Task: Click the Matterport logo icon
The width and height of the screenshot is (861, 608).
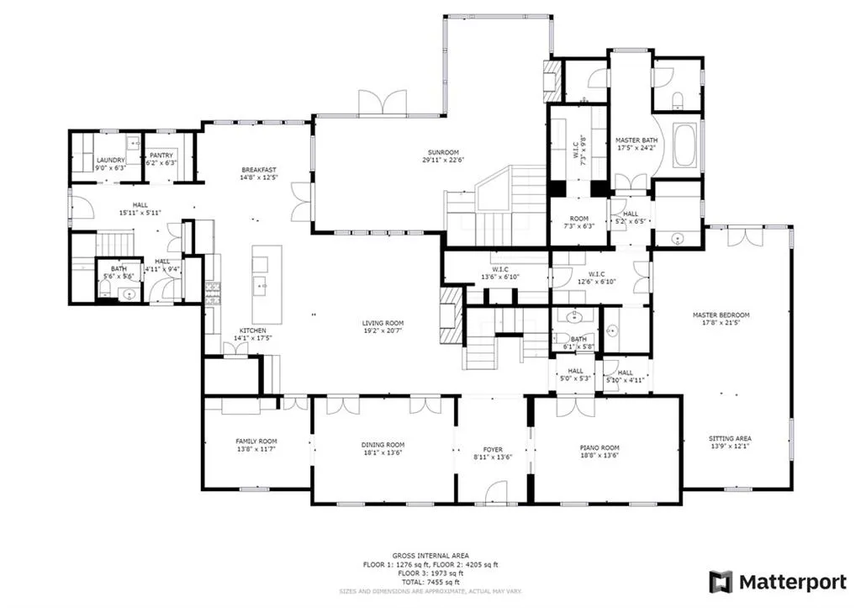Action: [721, 582]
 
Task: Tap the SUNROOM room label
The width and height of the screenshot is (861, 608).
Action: [441, 152]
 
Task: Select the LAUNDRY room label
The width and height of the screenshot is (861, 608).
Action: [110, 160]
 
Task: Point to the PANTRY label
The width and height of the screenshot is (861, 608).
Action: [159, 155]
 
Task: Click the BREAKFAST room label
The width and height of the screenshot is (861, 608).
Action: [259, 169]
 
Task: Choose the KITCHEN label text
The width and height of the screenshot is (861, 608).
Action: [253, 330]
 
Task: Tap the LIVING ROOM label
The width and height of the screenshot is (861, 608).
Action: [383, 323]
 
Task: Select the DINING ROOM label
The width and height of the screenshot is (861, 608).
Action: [383, 445]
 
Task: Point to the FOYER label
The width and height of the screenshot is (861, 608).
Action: [492, 448]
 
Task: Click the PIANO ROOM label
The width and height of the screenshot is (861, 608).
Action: [600, 448]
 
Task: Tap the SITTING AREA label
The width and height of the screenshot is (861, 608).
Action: [731, 438]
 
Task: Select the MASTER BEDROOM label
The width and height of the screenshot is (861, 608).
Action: [721, 315]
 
